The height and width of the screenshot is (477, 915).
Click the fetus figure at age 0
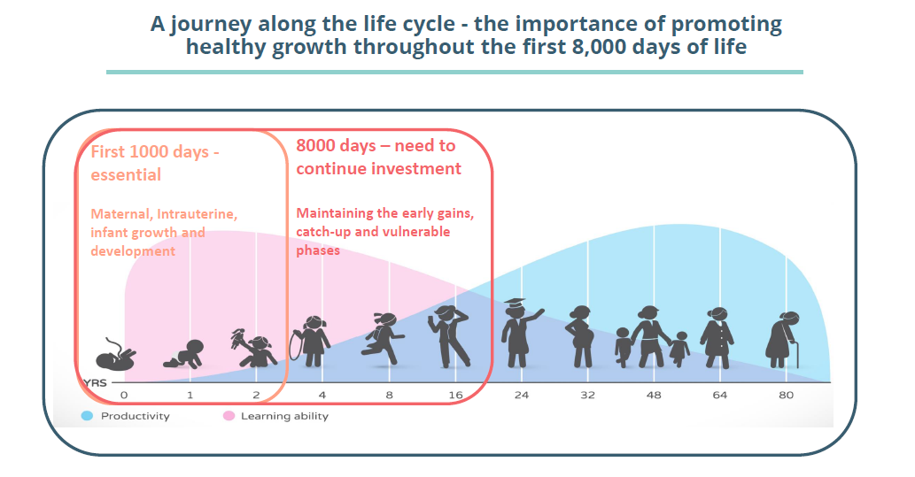[x=115, y=355]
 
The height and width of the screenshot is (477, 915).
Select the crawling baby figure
[x=184, y=355]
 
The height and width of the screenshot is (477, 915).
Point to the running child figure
[x=383, y=339]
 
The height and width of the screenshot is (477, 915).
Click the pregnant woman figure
[x=581, y=336]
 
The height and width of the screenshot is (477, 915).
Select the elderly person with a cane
[x=783, y=340]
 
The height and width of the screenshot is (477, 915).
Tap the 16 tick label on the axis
[x=456, y=395]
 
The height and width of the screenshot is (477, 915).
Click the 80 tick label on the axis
[x=786, y=395]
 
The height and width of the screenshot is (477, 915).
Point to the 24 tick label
[x=521, y=395]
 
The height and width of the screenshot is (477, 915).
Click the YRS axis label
[x=95, y=383]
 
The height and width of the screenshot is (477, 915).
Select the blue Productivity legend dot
[x=87, y=416]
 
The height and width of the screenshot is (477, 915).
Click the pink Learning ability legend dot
[x=229, y=416]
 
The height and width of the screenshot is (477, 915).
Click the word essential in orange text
[x=126, y=174]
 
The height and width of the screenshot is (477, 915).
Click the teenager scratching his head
[x=450, y=336]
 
